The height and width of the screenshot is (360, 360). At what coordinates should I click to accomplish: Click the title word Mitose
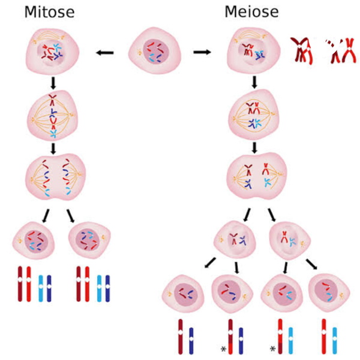pyautogui.click(x=49, y=12)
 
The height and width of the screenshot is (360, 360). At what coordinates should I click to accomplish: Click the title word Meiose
pyautogui.click(x=251, y=12)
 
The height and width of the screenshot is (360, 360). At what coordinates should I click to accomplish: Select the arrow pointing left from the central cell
pyautogui.click(x=104, y=53)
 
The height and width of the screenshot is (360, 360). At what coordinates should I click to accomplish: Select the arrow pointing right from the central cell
pyautogui.click(x=202, y=52)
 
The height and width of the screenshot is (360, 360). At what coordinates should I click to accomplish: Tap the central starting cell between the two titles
pyautogui.click(x=155, y=50)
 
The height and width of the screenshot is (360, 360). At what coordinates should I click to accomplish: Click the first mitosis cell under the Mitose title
pyautogui.click(x=52, y=51)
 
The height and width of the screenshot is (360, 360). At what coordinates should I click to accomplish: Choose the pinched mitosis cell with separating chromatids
pyautogui.click(x=55, y=177)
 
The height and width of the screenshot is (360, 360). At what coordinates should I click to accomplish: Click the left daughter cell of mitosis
pyautogui.click(x=34, y=240)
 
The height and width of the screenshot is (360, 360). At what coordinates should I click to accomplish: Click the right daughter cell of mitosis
pyautogui.click(x=89, y=240)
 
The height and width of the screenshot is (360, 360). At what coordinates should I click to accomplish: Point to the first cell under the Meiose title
pyautogui.click(x=254, y=50)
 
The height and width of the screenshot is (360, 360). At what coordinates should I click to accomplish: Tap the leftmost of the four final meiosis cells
pyautogui.click(x=183, y=294)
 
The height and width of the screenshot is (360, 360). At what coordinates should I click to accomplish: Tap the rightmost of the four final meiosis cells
pyautogui.click(x=329, y=293)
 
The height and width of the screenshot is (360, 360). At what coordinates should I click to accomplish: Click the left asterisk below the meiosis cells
pyautogui.click(x=223, y=349)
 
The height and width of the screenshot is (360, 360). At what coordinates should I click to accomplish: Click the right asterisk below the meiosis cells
pyautogui.click(x=272, y=349)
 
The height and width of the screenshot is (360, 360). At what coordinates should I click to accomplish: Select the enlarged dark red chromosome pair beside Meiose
pyautogui.click(x=301, y=51)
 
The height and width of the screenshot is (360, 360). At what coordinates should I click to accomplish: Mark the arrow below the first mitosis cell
pyautogui.click(x=53, y=83)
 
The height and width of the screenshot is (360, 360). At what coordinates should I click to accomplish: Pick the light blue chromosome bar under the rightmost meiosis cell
pyautogui.click(x=335, y=340)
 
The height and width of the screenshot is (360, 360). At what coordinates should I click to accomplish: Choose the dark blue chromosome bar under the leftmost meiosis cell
pyautogui.click(x=191, y=341)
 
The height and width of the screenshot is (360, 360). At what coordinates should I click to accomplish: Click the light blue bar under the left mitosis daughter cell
pyautogui.click(x=41, y=289)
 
